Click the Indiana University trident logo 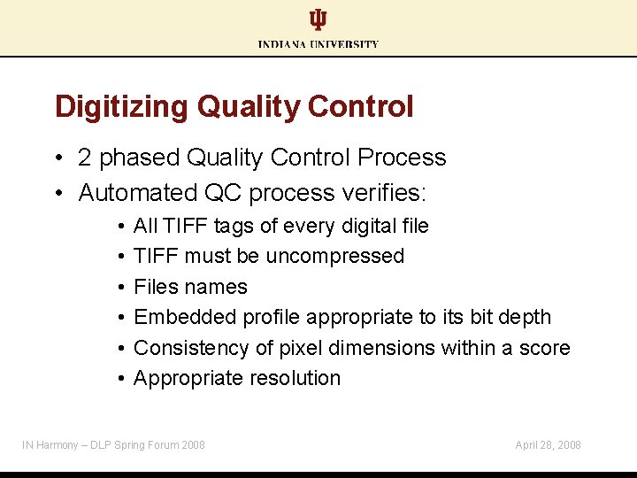tap(318, 20)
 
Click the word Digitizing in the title tap(122, 107)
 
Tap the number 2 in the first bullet tap(85, 158)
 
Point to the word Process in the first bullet tap(403, 158)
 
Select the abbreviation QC tap(226, 192)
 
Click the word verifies tap(386, 192)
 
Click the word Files tap(157, 287)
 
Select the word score tap(544, 348)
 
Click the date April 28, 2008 tap(548, 444)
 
